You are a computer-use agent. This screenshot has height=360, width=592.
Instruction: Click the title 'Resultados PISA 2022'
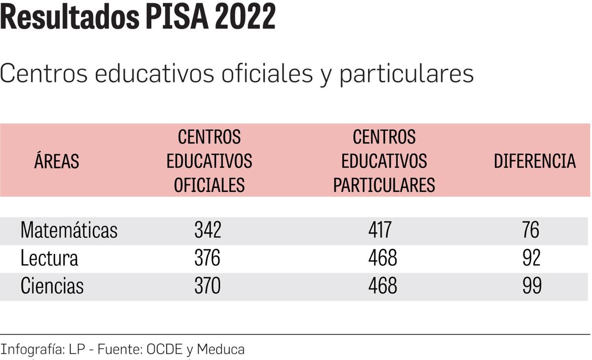pyautogui.click(x=138, y=18)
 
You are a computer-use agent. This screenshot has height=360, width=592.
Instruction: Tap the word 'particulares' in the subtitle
pyautogui.click(x=406, y=74)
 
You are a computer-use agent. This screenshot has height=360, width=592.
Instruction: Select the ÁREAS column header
pyautogui.click(x=57, y=161)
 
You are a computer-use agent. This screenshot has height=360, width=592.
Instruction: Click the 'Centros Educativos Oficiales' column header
pyautogui.click(x=209, y=161)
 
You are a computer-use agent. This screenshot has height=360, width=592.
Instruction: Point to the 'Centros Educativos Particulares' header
pyautogui.click(x=384, y=161)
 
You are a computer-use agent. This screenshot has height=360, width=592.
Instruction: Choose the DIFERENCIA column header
pyautogui.click(x=535, y=161)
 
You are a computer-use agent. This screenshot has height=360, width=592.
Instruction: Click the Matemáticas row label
pyautogui.click(x=69, y=230)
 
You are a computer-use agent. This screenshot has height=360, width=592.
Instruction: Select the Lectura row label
pyautogui.click(x=49, y=258)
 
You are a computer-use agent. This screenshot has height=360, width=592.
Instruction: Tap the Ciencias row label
pyautogui.click(x=52, y=286)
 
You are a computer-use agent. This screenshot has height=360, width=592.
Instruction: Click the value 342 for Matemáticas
pyautogui.click(x=208, y=230)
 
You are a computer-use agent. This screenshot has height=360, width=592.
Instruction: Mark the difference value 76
pyautogui.click(x=531, y=230)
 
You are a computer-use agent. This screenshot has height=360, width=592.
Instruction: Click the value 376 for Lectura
pyautogui.click(x=208, y=258)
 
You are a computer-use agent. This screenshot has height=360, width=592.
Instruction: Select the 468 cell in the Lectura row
pyautogui.click(x=382, y=258)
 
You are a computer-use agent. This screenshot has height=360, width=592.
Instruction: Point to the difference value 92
pyautogui.click(x=531, y=258)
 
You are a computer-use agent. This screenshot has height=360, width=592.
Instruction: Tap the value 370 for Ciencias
pyautogui.click(x=208, y=286)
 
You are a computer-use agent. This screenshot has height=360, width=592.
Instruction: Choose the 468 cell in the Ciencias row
pyautogui.click(x=382, y=286)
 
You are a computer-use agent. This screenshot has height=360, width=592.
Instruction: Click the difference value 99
pyautogui.click(x=531, y=286)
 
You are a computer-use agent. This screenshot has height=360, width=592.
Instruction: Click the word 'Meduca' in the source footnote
pyautogui.click(x=221, y=349)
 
